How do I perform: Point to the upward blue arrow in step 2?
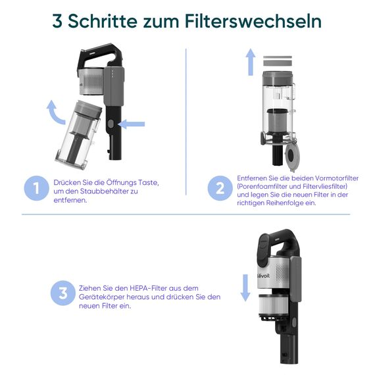coord(251,63)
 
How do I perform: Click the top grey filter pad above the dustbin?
coord(276,58)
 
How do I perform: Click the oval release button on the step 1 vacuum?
coord(111,124)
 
